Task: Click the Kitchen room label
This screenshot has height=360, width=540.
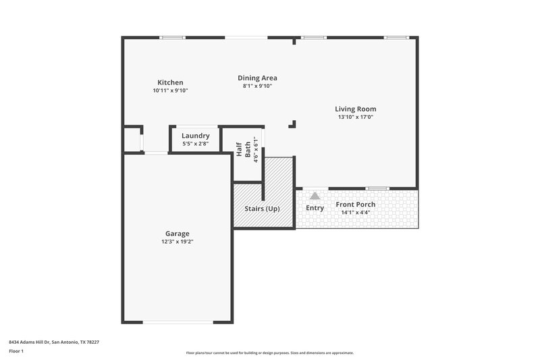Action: click(170, 82)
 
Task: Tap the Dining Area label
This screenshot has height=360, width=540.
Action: click(257, 78)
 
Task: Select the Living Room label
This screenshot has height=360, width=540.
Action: click(356, 109)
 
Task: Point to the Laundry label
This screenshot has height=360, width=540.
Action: click(195, 136)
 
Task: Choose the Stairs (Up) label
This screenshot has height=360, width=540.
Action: click(262, 208)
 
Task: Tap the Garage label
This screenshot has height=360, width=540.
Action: click(178, 233)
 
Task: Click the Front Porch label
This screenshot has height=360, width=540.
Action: click(355, 204)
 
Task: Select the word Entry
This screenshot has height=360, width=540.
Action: click(315, 208)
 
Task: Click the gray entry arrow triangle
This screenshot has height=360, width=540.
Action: click(315, 195)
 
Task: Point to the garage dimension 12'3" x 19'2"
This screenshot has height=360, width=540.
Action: click(178, 241)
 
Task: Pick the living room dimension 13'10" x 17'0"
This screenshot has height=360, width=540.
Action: click(356, 117)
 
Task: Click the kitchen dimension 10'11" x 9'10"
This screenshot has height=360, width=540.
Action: click(170, 91)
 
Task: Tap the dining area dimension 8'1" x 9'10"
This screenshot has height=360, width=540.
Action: click(257, 86)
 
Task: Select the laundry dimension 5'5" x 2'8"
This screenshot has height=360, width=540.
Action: click(195, 144)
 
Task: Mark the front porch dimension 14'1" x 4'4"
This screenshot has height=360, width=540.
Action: click(355, 212)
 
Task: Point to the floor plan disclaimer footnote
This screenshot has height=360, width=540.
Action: click(269, 353)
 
